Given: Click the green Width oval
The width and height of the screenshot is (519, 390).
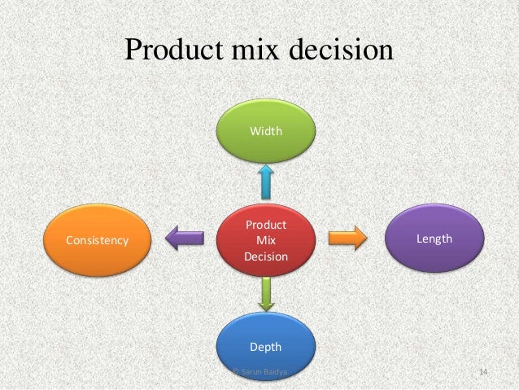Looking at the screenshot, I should tap(266, 129).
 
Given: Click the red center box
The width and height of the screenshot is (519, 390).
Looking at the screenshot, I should tap(265, 240).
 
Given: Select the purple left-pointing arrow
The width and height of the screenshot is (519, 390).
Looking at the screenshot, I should tap(185, 239).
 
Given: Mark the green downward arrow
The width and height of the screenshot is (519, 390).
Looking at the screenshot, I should tap(265, 293).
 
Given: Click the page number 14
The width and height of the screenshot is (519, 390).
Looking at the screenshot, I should tap(483, 372).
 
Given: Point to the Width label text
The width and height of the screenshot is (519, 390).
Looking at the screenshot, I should tap(266, 129).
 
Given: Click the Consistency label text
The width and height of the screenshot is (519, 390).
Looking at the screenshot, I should tap(97, 241).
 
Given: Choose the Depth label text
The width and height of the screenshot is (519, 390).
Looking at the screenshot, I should tap(265, 347).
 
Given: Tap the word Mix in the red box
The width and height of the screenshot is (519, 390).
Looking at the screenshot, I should tap(265, 240).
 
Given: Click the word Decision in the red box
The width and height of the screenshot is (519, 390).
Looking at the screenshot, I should tap(265, 256).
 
